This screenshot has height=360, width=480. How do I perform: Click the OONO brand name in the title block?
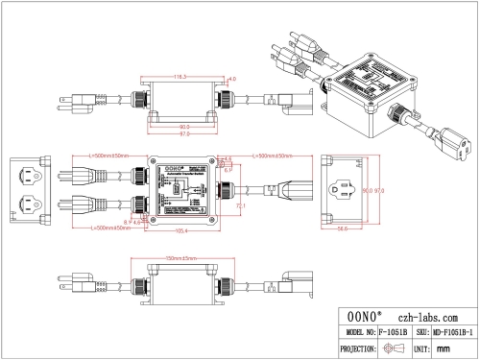pos(363,317)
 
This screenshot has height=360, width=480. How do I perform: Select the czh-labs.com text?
pos(429,317)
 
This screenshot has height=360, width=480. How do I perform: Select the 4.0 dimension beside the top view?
pos(231,81)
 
